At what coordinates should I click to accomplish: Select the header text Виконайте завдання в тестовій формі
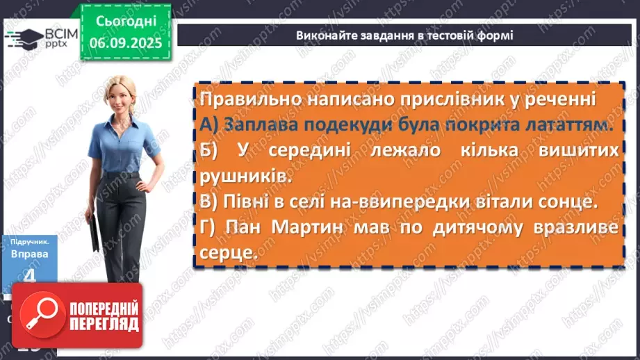(404, 35)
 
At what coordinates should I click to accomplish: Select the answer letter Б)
(208, 152)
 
